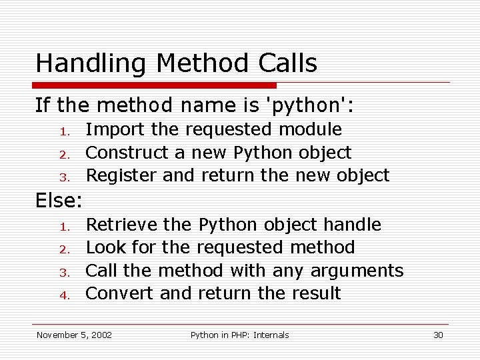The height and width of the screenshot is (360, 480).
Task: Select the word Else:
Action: [59, 200]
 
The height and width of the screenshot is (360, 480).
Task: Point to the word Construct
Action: [127, 153]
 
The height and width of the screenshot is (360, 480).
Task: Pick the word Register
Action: [122, 176]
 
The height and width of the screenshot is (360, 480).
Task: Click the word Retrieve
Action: [122, 225]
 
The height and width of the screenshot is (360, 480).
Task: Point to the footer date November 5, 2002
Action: [74, 335]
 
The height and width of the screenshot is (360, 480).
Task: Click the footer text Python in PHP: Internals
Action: [240, 335]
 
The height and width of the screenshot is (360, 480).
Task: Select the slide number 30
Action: [438, 335]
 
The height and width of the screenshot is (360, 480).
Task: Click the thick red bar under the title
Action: [155, 85]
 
